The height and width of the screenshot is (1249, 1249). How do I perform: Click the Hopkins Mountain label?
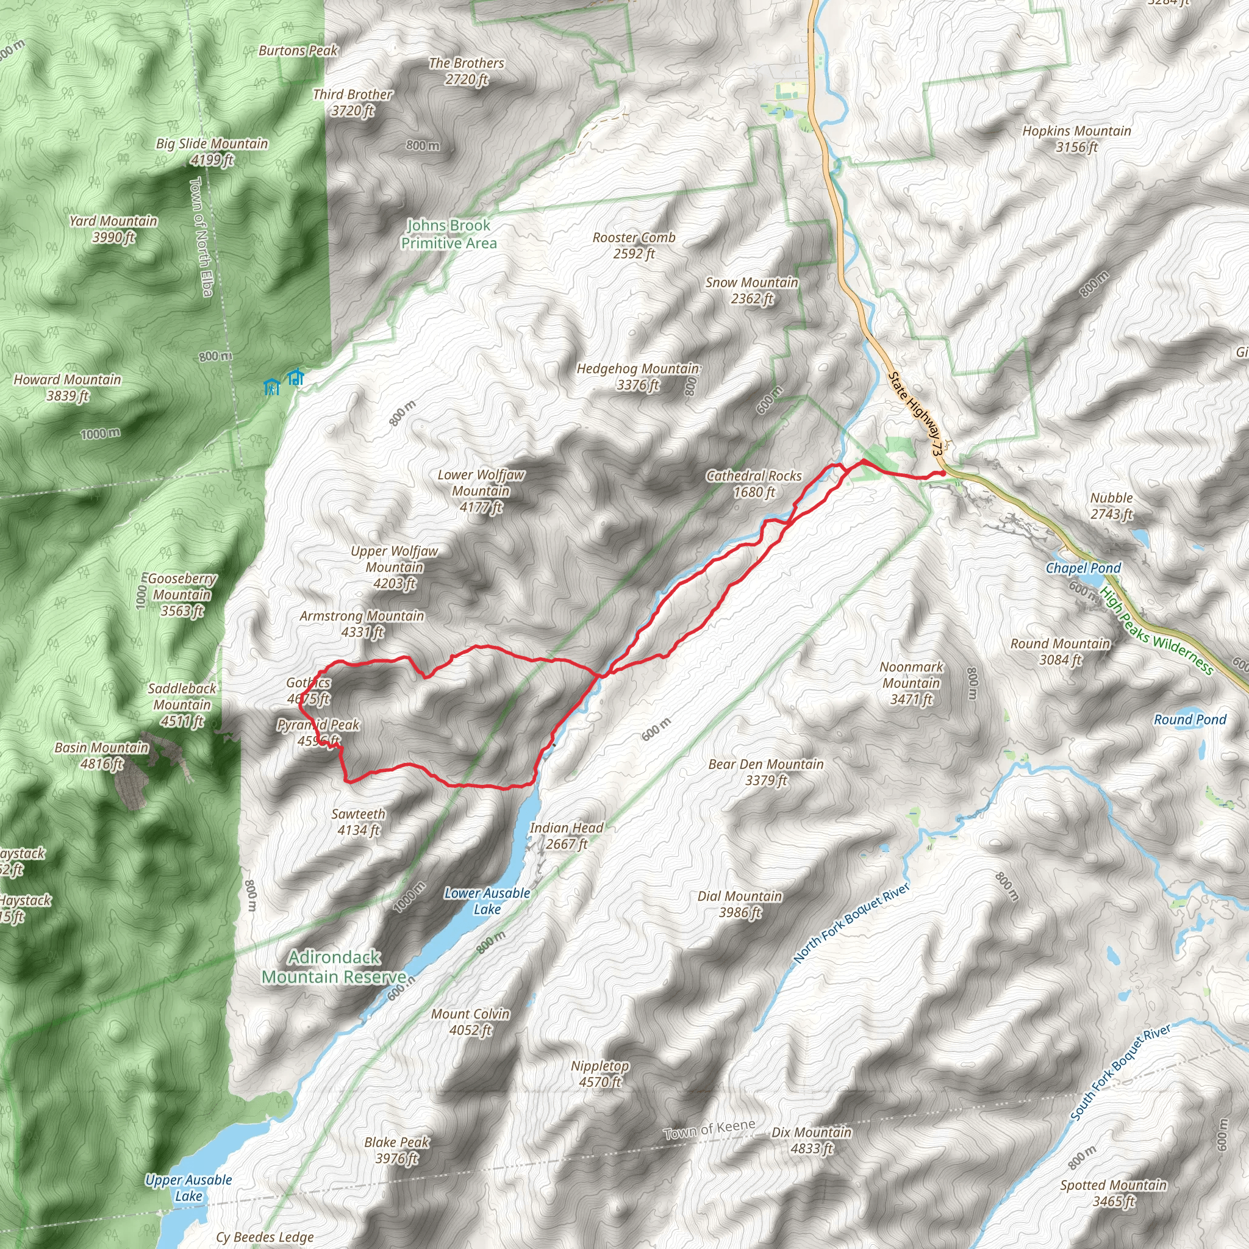[1076, 138]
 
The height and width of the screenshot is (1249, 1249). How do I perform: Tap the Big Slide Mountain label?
[212, 151]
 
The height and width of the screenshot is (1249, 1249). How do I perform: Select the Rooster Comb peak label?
[634, 245]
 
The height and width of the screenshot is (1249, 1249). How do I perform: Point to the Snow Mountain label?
[751, 290]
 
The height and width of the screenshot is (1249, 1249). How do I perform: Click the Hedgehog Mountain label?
[638, 376]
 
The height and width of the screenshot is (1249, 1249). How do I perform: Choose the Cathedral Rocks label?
[754, 484]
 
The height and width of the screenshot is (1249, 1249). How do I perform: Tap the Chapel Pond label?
[1084, 568]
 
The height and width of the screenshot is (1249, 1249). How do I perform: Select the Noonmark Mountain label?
[912, 682]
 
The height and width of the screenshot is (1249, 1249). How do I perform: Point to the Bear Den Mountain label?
[766, 772]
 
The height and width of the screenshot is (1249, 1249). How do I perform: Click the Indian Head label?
[567, 836]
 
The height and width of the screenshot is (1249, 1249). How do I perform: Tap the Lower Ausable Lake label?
[487, 901]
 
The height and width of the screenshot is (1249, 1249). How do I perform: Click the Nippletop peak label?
[600, 1073]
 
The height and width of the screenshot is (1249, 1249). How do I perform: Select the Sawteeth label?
[358, 821]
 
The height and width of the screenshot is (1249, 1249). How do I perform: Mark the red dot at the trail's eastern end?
[943, 473]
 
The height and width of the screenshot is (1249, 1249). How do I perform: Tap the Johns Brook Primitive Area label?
[449, 234]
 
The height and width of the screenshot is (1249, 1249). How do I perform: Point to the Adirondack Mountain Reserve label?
[334, 967]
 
